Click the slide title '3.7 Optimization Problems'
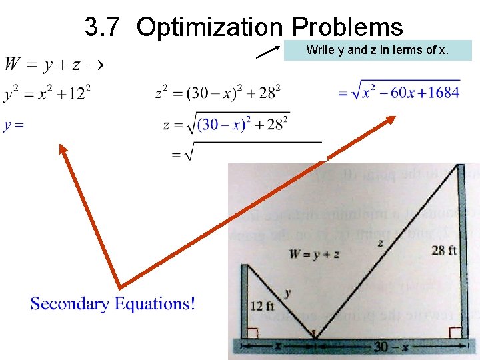coord(243,27)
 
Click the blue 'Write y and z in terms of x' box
coord(377,50)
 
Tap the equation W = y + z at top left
coord(53,65)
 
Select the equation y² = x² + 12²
coord(47,93)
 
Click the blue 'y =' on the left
coord(14,125)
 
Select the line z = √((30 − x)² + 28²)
coord(226,125)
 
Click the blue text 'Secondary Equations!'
coord(113,304)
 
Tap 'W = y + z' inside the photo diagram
coord(314,253)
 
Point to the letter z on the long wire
coord(380,243)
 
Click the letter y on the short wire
coord(287,293)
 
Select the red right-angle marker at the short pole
coord(253,333)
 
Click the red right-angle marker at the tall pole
coord(455,333)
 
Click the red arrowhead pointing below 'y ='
coord(63,151)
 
